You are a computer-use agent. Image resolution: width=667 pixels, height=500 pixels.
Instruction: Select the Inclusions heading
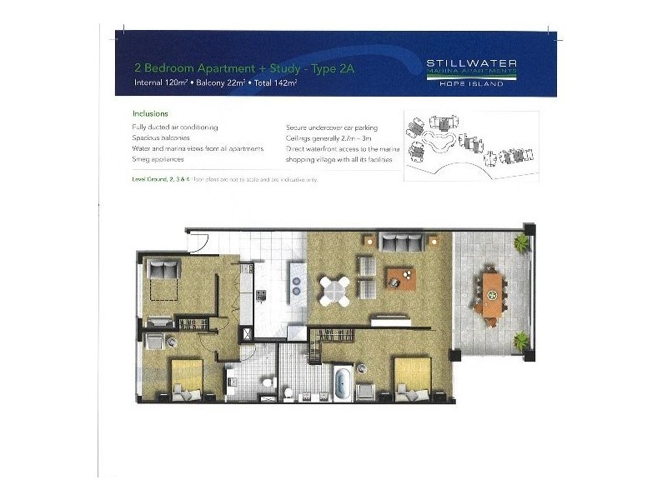tap(151, 112)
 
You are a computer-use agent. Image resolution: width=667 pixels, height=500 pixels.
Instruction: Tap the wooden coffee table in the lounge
tap(401, 278)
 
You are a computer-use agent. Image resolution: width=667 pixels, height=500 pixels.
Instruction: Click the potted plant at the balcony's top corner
tap(522, 243)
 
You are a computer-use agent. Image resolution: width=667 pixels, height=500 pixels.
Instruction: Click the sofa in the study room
tap(164, 269)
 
